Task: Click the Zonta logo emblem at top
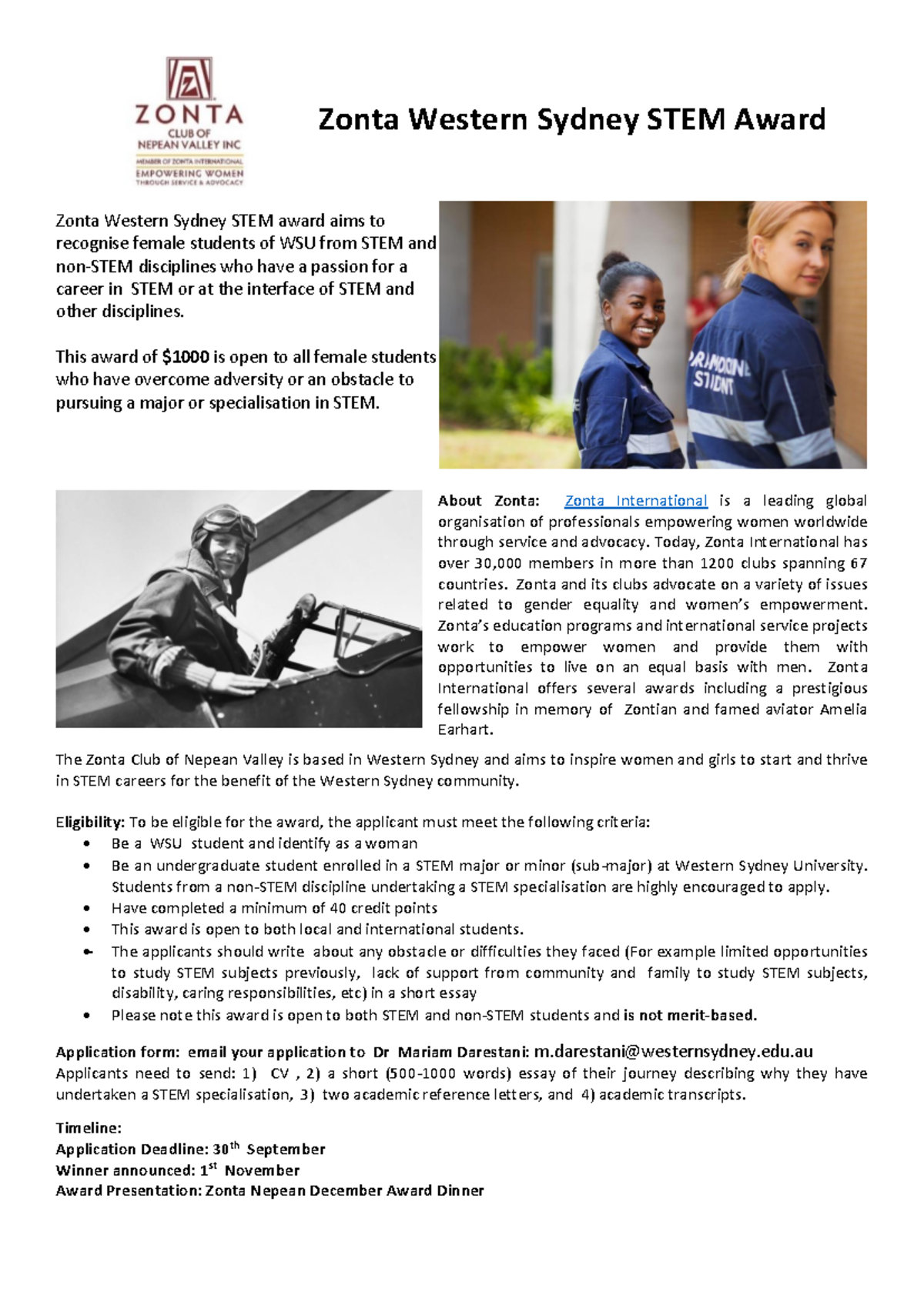point(189,79)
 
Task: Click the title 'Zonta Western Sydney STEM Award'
point(571,120)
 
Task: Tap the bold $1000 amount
point(186,357)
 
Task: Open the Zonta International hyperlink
point(635,501)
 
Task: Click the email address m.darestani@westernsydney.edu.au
point(674,1052)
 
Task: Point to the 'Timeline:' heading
point(89,1128)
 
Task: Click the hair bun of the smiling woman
point(614,261)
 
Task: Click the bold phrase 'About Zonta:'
point(488,501)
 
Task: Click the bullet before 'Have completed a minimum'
point(89,909)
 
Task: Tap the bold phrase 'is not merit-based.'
point(690,1016)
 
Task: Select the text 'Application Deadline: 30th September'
point(190,1149)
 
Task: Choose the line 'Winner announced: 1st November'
point(177,1170)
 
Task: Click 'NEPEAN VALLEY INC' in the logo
point(189,145)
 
